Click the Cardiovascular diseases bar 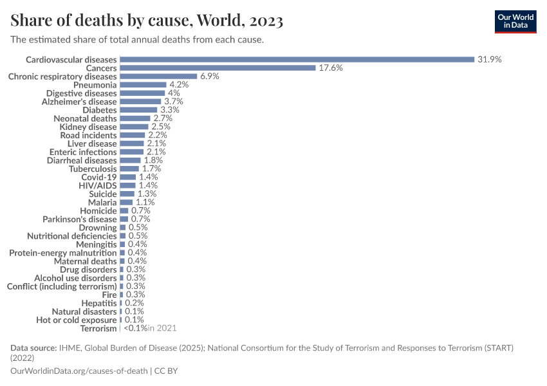[297, 59]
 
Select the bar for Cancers [218, 68]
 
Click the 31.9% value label [489, 59]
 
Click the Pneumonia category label [95, 85]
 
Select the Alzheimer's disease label [79, 102]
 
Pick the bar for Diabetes [138, 110]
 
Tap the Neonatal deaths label [85, 118]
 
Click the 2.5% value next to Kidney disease [160, 127]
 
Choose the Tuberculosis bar [129, 169]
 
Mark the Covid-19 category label [99, 177]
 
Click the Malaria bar [126, 202]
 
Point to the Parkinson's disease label [80, 219]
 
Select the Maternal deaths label [86, 261]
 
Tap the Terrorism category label [98, 328]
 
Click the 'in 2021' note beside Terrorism [162, 328]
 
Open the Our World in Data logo [515, 21]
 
